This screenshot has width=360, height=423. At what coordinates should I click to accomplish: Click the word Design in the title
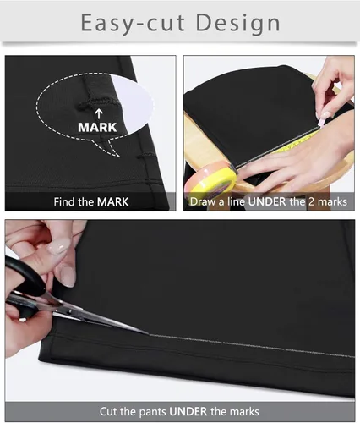[x=238, y=24]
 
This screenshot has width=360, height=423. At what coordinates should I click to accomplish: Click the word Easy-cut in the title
[x=133, y=23]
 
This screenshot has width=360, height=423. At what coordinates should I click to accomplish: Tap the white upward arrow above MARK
[x=99, y=114]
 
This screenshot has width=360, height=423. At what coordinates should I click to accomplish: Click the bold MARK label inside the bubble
[x=97, y=127]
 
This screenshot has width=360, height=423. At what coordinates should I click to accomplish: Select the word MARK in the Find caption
[x=112, y=202]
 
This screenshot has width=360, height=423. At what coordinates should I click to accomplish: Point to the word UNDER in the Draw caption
[x=267, y=201]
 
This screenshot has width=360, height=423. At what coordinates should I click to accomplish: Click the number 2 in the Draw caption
[x=311, y=201]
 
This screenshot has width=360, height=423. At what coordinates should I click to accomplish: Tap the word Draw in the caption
[x=201, y=201]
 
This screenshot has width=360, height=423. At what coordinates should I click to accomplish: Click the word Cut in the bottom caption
[x=107, y=411]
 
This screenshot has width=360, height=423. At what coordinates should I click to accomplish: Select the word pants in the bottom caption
[x=152, y=412]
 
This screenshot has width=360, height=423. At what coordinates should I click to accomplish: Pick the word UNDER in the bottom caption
[x=188, y=411]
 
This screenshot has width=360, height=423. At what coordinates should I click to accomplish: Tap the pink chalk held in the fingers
[x=320, y=122]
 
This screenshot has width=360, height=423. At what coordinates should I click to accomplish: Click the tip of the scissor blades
[x=149, y=334]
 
